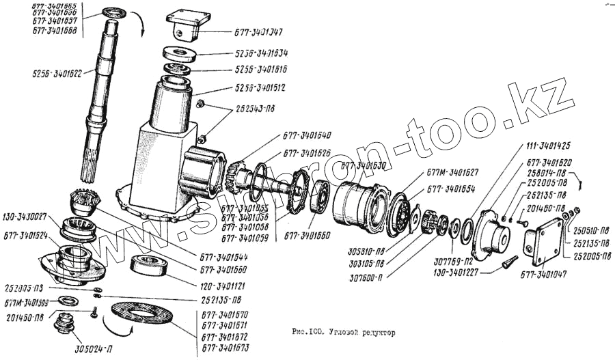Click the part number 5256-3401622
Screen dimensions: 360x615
tap(58, 72)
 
